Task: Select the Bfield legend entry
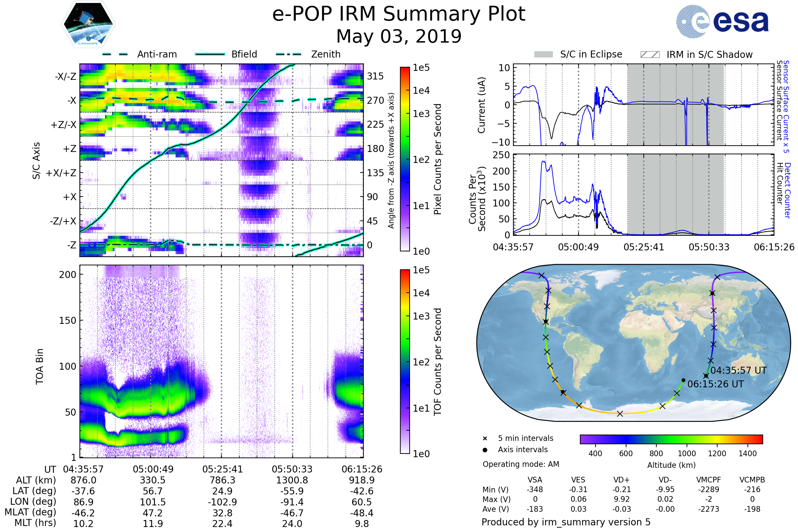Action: click(244, 54)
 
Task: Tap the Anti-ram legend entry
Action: click(157, 54)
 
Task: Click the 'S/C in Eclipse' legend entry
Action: click(591, 54)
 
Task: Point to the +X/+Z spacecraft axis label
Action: click(61, 173)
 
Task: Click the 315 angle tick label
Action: click(375, 76)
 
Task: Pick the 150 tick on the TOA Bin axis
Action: click(67, 321)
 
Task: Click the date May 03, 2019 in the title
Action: click(399, 36)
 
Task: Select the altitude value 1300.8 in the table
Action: click(292, 480)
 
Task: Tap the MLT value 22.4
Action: click(222, 523)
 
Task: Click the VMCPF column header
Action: click(709, 480)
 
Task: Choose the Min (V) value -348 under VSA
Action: click(535, 489)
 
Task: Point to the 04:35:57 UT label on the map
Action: click(738, 370)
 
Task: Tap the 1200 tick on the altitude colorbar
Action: click(717, 454)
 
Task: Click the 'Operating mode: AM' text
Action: click(521, 464)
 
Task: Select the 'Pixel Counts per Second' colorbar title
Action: click(437, 159)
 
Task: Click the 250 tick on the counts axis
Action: click(501, 155)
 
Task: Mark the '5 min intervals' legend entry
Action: click(525, 438)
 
